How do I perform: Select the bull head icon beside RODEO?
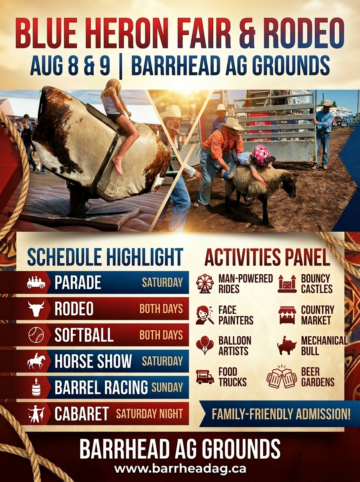coord(36,308)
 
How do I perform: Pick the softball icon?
coord(36,335)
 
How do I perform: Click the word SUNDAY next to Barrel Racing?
coord(167,387)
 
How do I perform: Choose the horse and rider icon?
coord(36,361)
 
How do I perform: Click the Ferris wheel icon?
coord(205,284)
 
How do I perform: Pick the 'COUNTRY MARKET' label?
coord(317,315)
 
